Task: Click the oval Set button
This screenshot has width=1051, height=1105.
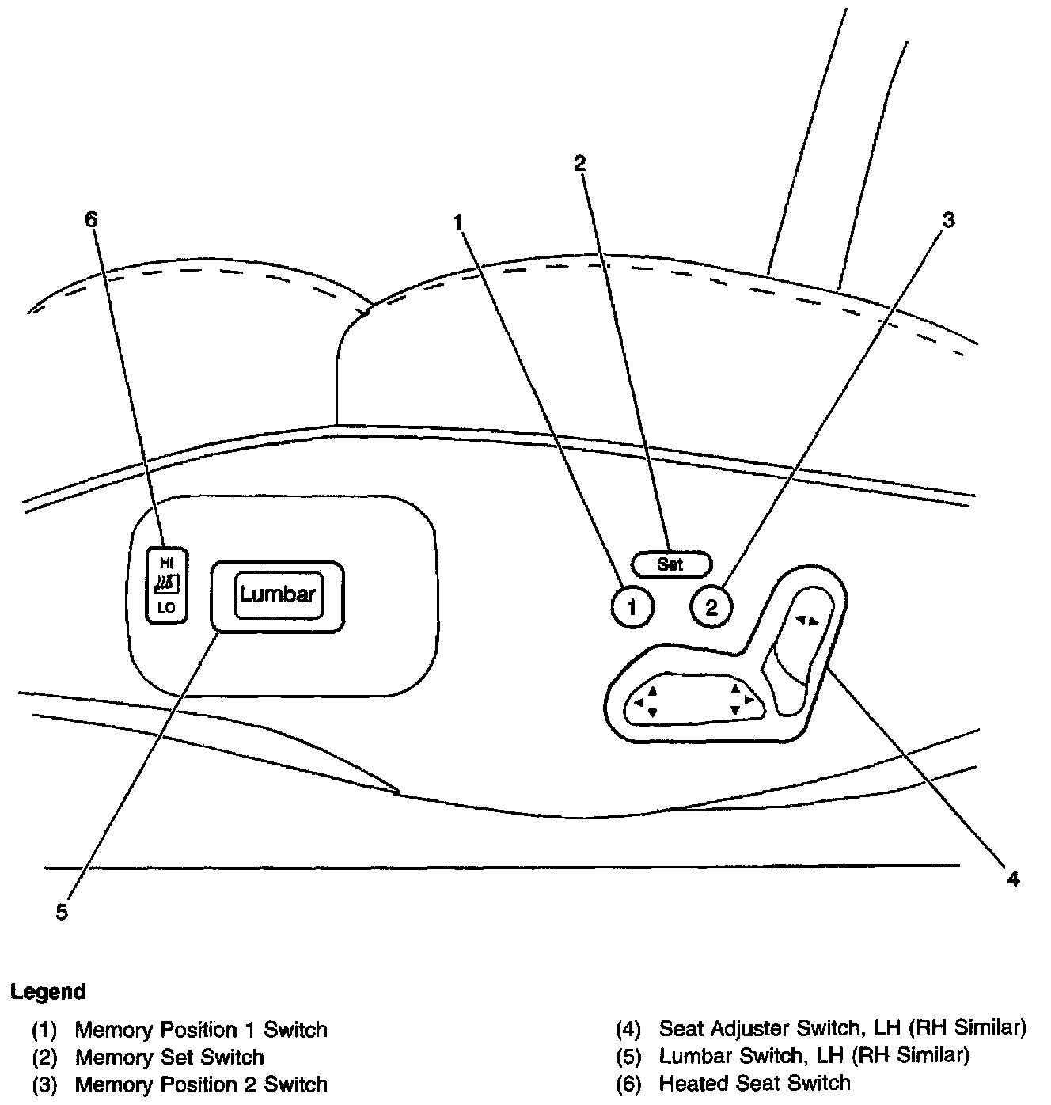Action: [671, 564]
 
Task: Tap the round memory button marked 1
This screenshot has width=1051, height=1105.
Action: [632, 607]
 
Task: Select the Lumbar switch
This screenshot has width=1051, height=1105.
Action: [277, 595]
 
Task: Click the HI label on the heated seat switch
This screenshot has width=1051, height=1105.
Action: [166, 563]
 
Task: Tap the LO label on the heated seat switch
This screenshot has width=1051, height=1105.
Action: [166, 608]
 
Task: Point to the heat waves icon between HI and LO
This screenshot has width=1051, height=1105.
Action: [166, 585]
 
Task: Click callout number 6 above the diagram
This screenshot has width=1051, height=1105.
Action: [91, 219]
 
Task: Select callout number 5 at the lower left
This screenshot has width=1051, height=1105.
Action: [62, 912]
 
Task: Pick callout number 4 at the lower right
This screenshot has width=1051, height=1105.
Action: [1013, 879]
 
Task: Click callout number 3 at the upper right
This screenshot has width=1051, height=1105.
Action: [948, 219]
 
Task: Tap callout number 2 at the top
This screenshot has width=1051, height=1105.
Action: [580, 163]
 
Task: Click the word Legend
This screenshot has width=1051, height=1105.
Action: [47, 991]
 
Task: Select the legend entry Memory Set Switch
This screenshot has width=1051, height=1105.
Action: [169, 1057]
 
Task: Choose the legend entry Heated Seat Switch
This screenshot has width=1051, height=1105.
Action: [754, 1082]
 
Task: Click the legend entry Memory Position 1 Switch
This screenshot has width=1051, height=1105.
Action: [200, 1030]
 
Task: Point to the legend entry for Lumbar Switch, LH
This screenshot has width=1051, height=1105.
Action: [814, 1055]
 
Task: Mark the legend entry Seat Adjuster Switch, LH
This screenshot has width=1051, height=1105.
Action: [842, 1027]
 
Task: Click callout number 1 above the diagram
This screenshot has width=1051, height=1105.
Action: [457, 222]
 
